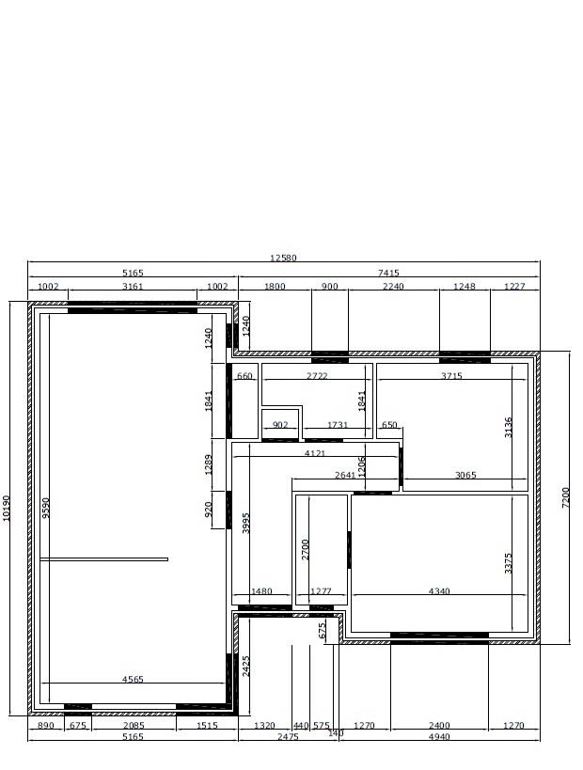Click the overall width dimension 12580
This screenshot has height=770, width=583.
(x=283, y=258)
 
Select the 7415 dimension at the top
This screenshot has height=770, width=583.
(x=388, y=273)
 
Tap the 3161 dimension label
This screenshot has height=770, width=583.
(x=133, y=287)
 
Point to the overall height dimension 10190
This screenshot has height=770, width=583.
(x=6, y=508)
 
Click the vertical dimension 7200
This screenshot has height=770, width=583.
(x=565, y=497)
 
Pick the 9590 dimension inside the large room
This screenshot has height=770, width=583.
(x=45, y=509)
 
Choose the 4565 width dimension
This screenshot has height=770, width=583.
(x=133, y=679)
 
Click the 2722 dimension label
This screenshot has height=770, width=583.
(x=317, y=376)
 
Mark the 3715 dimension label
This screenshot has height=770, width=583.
(x=451, y=376)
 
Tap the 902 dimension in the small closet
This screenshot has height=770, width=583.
(x=280, y=425)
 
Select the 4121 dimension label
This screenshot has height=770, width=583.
(x=315, y=453)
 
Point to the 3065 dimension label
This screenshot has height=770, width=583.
(x=465, y=475)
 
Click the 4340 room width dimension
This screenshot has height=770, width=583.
(x=439, y=591)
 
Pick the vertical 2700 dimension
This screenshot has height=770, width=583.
(x=306, y=549)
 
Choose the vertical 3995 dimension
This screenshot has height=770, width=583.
(x=246, y=523)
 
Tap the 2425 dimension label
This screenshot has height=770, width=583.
(x=246, y=667)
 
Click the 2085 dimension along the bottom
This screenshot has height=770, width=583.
(x=134, y=725)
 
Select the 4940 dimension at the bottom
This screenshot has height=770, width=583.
(x=439, y=736)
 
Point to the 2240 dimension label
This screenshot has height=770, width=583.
(x=393, y=287)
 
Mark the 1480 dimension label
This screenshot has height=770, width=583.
(x=261, y=591)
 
